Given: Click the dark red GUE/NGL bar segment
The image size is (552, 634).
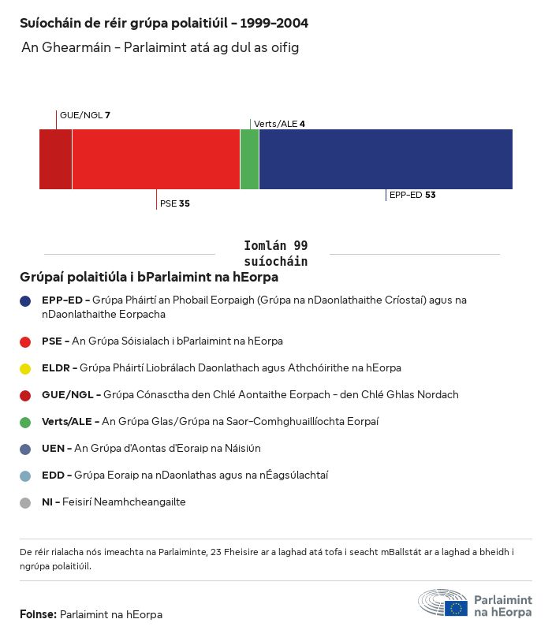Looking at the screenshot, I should coord(55,159).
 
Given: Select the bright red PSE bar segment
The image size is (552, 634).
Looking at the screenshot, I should coord(155,159).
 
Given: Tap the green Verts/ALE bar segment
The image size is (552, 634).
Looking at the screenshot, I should coord(249,159).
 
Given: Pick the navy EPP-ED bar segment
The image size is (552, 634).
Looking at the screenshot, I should coord(386,159).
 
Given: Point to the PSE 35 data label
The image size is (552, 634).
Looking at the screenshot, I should coord(174,203).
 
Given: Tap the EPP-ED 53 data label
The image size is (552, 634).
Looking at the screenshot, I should coord(412,195).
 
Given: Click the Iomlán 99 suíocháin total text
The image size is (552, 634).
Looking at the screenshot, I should coord(275,253).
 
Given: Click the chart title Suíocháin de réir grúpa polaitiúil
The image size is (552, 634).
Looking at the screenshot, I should coord(164,23).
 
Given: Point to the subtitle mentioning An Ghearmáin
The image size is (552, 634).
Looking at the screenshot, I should coord(160,48).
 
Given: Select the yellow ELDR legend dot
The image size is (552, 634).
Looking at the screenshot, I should coord(25,368).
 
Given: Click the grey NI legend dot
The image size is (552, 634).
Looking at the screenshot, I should coord(25,502).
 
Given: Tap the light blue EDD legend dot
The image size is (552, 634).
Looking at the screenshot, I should coord(25,475).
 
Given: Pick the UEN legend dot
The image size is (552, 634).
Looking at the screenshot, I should coord(25,449).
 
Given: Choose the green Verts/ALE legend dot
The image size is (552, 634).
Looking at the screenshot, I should coord(25,422).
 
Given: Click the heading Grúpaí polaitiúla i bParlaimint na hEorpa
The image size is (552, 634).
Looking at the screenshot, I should coord(149,278).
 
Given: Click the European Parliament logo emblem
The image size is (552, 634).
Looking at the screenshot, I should coord(442,603).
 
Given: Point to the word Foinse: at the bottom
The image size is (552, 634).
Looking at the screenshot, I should coord(38,614).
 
